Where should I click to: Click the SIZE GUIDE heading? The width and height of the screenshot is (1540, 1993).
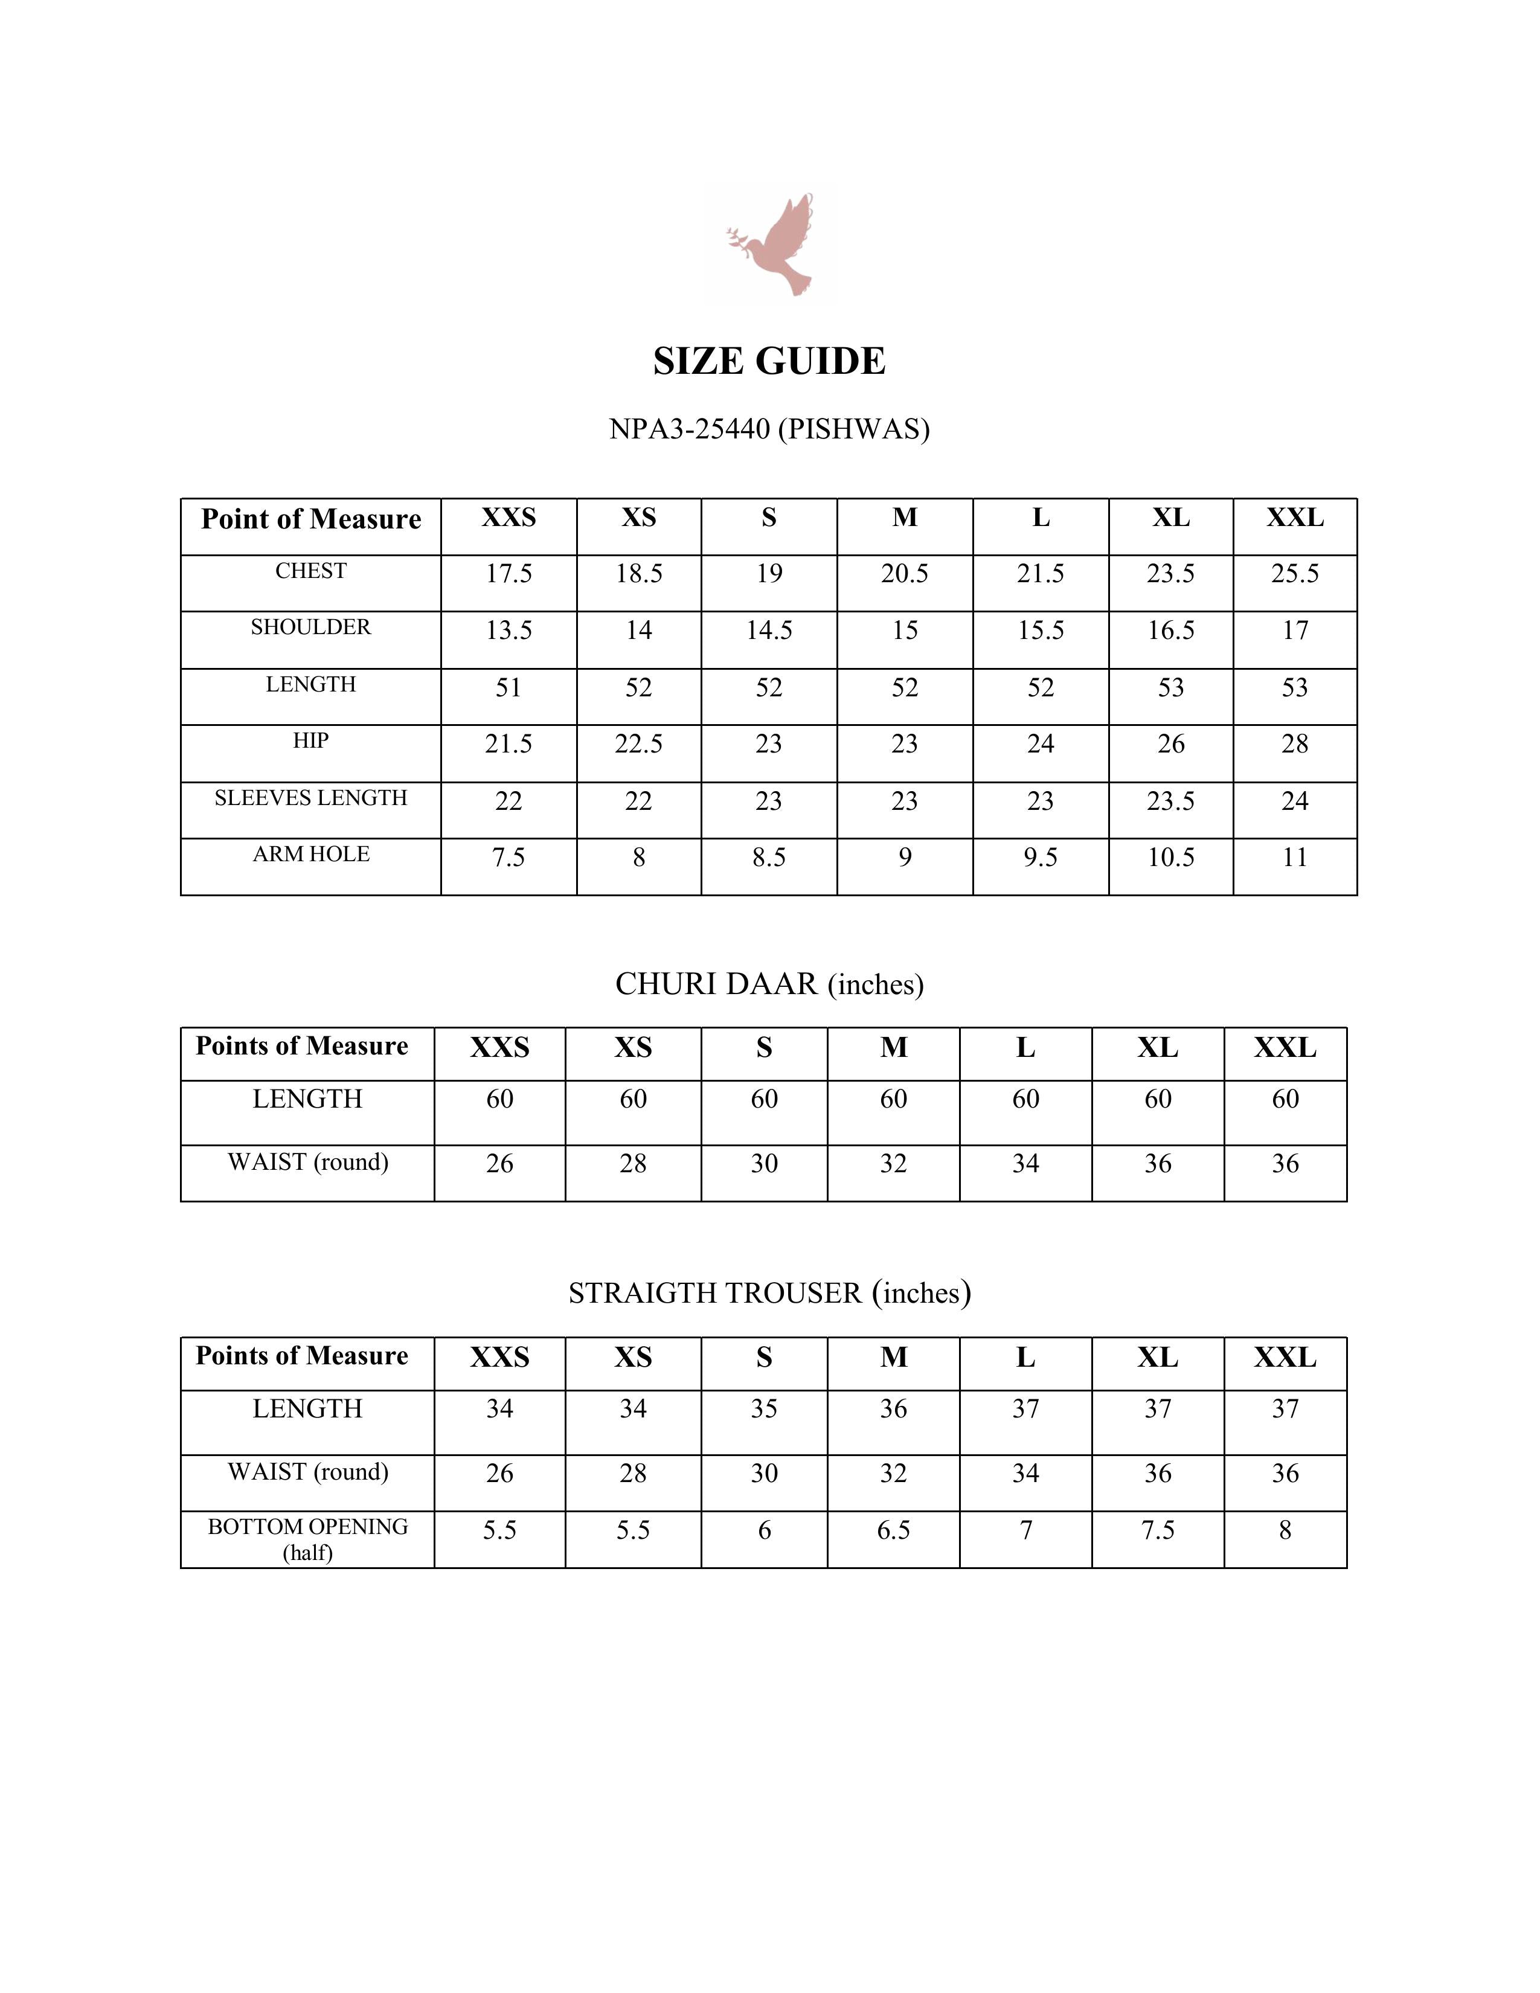coord(769,361)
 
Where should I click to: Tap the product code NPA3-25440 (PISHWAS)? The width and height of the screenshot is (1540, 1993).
coord(769,429)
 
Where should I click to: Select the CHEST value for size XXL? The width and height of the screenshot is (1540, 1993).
coord(1295,574)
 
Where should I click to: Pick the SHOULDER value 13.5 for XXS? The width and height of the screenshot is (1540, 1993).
coord(508,631)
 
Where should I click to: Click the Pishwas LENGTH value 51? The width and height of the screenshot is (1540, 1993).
coord(508,688)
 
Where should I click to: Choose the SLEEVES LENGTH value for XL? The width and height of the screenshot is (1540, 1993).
coord(1170,801)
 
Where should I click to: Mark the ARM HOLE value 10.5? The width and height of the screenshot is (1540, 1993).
coord(1170,858)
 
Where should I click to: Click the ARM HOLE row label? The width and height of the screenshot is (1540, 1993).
coord(311,855)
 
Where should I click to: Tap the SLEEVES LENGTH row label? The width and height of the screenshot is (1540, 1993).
coord(311,798)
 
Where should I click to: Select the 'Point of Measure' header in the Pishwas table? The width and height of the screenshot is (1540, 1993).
coord(311,519)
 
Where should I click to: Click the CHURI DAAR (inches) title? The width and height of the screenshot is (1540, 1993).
coord(769,984)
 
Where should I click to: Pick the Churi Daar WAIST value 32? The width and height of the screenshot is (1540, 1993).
coord(893,1164)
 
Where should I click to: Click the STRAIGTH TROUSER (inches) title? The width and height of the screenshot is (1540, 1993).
coord(769,1293)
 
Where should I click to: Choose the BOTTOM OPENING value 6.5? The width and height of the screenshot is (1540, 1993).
coord(893,1530)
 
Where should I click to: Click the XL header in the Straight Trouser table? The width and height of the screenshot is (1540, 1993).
coord(1158,1358)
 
